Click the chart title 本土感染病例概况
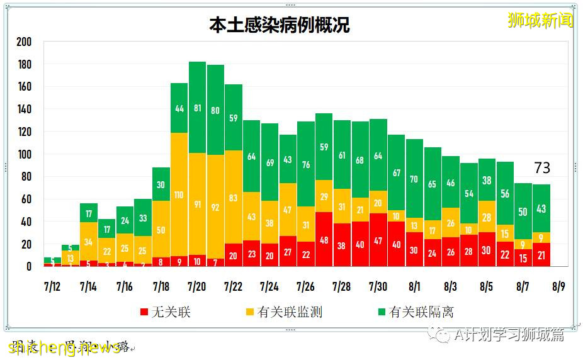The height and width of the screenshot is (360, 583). coord(279,25)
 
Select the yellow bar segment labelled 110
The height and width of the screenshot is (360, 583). coord(179,194)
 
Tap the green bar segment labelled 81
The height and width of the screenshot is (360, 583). coord(197,108)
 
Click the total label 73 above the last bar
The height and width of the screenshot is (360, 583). coord(541,168)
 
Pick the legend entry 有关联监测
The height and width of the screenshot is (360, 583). coord(283,312)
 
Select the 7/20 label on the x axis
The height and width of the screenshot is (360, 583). coord(196,287)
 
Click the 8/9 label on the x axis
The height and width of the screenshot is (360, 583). coord(558,287)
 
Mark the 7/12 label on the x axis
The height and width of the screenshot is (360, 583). coord(52,287)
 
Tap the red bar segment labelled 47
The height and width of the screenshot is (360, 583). coord(378,240)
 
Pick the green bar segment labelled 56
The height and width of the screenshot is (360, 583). coord(505,193)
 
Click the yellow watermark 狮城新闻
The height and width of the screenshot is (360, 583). coord(540,20)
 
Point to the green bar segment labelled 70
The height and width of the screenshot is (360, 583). coord(414,179)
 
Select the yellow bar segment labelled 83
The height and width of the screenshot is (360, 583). coord(234,197)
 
